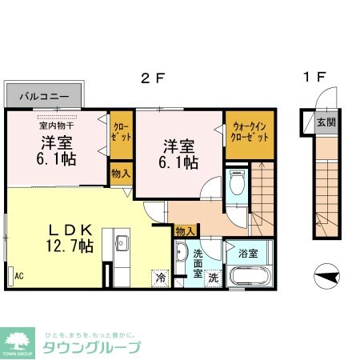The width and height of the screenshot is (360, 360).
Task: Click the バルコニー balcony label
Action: [44, 96]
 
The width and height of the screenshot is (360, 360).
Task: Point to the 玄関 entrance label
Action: [325, 123]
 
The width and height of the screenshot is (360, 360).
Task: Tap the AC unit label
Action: [18, 276]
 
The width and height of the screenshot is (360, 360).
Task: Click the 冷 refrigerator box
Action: [160, 279]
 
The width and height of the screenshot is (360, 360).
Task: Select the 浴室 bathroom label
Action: [247, 254]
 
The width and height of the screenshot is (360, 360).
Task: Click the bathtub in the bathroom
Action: [250, 278]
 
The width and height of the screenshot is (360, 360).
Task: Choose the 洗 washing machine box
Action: [214, 279]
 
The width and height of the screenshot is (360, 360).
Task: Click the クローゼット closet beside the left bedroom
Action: [121, 132]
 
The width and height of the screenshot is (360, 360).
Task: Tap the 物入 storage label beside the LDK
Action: [121, 173]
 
